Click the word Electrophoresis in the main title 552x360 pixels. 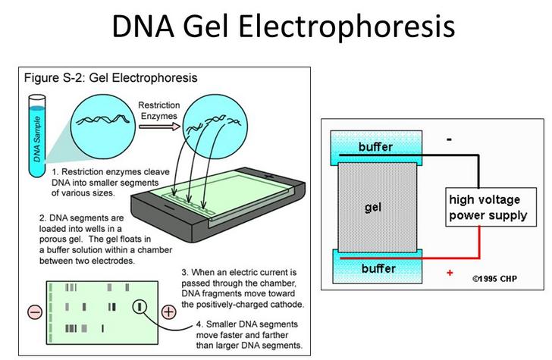click(347, 27)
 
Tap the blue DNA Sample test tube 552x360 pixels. click(37, 136)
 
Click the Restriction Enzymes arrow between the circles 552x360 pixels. click(159, 127)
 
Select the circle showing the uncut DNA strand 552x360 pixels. click(103, 127)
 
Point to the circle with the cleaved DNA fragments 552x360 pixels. click(215, 127)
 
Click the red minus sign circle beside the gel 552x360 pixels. click(35, 312)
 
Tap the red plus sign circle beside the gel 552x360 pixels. click(168, 311)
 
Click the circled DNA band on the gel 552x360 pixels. click(140, 307)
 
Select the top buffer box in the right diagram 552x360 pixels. click(376, 148)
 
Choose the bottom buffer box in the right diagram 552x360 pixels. click(377, 267)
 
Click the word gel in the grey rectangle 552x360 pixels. click(373, 207)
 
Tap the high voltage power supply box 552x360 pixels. click(491, 207)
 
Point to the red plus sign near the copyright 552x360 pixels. click(450, 273)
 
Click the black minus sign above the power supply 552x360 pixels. click(449, 139)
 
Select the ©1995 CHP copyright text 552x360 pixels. click(494, 279)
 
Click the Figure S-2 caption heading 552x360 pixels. click(111, 78)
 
